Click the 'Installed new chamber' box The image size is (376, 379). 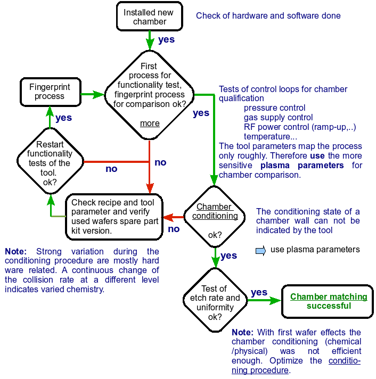pyautogui.click(x=145, y=17)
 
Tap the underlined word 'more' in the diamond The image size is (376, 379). pyautogui.click(x=150, y=123)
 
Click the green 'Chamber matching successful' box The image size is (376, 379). pyautogui.click(x=329, y=301)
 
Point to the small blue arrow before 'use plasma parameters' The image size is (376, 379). pyautogui.click(x=260, y=250)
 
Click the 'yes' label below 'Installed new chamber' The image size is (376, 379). pyautogui.click(x=166, y=39)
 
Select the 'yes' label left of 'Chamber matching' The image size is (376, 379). pyautogui.click(x=259, y=292)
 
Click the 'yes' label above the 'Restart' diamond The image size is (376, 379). pyautogui.click(x=64, y=118)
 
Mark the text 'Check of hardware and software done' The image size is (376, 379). pyautogui.click(x=268, y=16)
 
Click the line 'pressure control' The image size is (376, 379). pyautogui.click(x=274, y=108)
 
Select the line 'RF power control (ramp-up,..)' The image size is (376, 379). pyautogui.click(x=300, y=127)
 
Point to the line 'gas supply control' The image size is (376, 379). pyautogui.click(x=278, y=117)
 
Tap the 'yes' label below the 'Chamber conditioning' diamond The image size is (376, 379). pyautogui.click(x=228, y=256)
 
